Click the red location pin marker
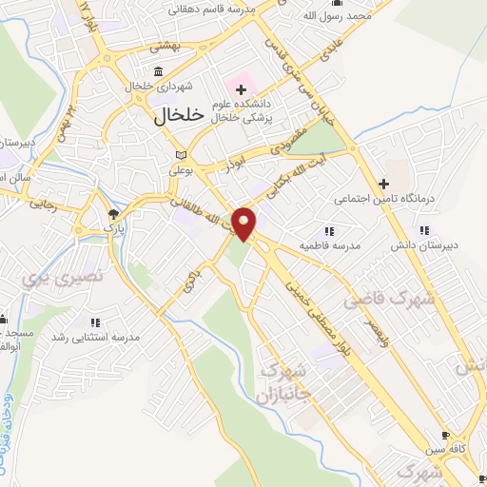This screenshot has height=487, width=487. tap(244, 223)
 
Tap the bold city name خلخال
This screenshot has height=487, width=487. tap(179, 114)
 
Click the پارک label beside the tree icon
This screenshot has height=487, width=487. tap(114, 229)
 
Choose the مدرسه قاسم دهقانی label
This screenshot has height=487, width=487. tap(215, 9)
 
